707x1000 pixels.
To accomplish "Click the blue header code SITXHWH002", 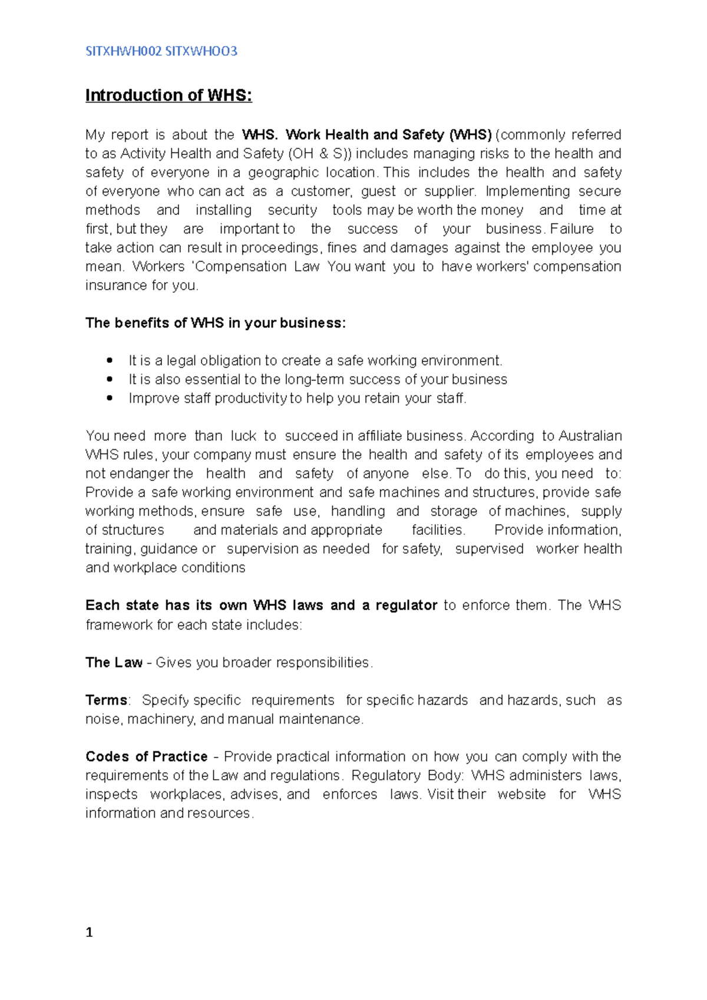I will tap(124, 51).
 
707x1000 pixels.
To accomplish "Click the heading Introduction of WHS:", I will tap(169, 95).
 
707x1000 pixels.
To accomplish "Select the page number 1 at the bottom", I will tap(89, 932).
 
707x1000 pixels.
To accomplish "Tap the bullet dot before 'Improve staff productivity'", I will tap(110, 398).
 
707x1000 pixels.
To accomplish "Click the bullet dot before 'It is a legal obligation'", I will tap(110, 360).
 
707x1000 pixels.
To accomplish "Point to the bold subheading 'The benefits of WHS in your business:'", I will tap(216, 323).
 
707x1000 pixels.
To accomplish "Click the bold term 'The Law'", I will tap(114, 663).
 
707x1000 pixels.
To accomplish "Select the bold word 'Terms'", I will tap(107, 700).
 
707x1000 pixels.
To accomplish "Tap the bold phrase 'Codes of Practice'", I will tap(147, 757).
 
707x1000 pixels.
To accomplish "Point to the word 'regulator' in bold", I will tap(407, 605).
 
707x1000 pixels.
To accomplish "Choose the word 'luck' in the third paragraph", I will tap(243, 436).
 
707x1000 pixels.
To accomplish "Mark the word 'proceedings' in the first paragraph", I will tap(280, 248).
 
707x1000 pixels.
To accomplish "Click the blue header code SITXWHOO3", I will tap(201, 51).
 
